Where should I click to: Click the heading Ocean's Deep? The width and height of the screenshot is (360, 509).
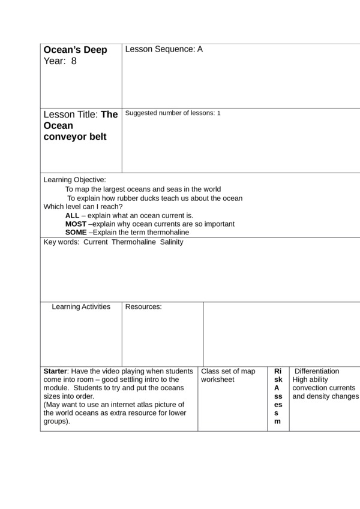75,50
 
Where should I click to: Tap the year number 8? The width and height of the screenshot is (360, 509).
74,61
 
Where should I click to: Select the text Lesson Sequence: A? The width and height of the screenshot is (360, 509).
164,49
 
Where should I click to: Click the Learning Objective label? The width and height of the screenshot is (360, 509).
74,180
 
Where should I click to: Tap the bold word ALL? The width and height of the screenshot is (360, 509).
72,215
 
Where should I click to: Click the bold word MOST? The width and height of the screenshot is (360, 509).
76,224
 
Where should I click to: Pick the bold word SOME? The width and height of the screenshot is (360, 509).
76,233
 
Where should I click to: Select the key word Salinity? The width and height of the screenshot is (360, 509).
172,242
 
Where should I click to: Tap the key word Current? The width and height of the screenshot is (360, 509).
95,242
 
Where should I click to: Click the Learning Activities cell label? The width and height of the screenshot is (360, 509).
81,307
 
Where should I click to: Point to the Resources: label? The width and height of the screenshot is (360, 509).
143,307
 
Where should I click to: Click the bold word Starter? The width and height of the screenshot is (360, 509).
56,372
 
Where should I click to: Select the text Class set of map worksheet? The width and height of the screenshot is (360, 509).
227,375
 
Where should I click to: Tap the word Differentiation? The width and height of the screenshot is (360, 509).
317,372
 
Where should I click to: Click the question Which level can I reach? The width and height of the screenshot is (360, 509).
83,207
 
